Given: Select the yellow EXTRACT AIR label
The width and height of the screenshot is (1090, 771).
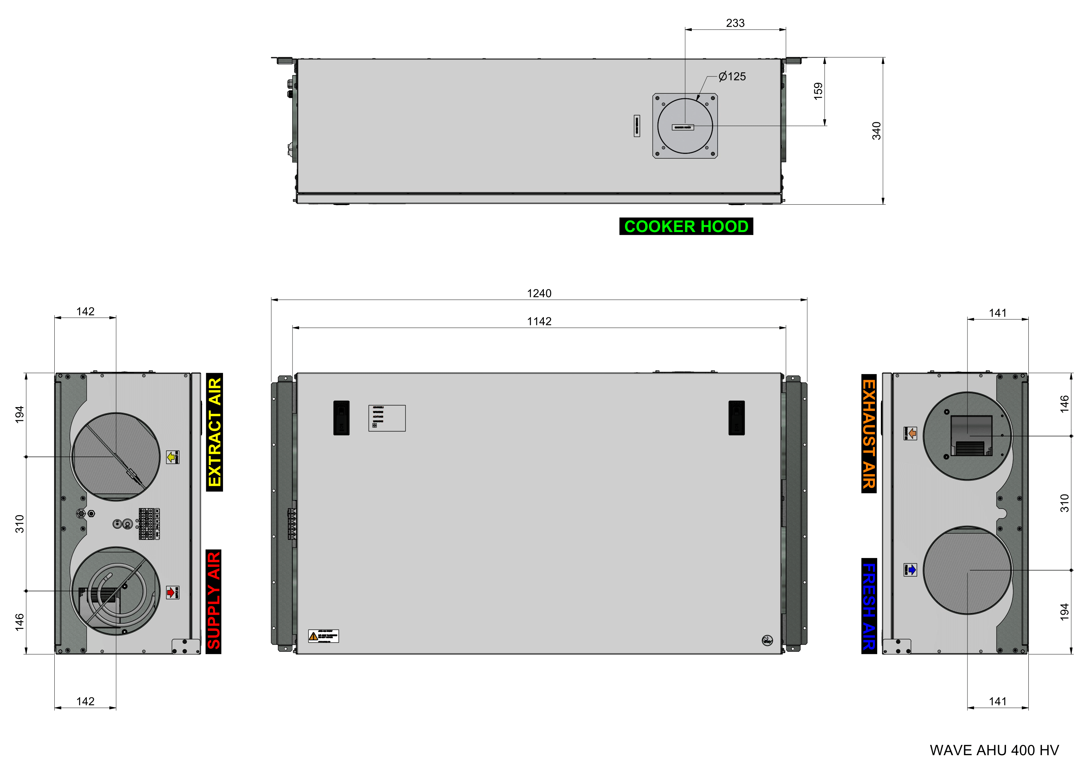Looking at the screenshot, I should click(x=214, y=432).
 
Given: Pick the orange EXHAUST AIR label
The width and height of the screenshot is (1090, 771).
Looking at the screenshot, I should click(x=868, y=433).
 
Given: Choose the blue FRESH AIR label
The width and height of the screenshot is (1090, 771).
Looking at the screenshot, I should click(x=868, y=606).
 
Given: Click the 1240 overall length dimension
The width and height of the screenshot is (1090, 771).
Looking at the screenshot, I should click(x=539, y=293).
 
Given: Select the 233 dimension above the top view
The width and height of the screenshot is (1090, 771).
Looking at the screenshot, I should click(x=735, y=23).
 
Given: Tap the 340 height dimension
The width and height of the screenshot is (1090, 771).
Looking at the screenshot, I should click(x=876, y=131).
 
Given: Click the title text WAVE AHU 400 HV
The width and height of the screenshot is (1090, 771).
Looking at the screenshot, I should click(x=993, y=750).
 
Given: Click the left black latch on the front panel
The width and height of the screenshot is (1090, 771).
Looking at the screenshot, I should click(x=341, y=418).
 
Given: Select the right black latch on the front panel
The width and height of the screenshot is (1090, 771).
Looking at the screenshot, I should click(x=736, y=418).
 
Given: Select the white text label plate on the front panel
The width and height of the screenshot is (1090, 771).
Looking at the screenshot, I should click(x=387, y=418).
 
